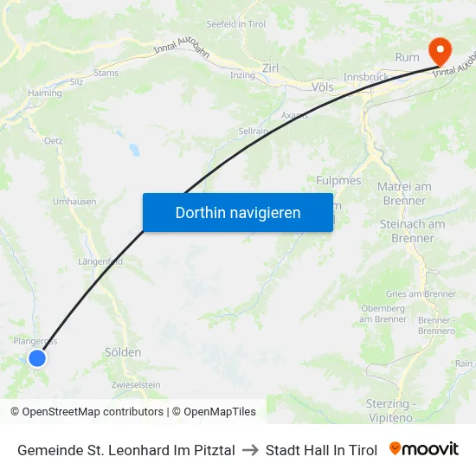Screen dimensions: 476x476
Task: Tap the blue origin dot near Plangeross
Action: point(36,357)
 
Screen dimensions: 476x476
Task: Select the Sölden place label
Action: point(123,352)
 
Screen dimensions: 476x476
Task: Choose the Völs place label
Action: point(322,87)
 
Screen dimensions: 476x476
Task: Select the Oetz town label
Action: point(53,139)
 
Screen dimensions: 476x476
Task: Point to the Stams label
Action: point(106,74)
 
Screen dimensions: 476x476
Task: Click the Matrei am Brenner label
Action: point(404,194)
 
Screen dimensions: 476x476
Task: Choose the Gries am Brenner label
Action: point(421,294)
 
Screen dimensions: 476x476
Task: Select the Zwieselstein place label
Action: point(136,384)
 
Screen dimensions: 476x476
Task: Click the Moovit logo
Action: point(424,449)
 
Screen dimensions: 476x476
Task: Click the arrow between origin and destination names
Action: point(250,450)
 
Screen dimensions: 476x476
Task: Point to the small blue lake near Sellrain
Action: point(135,150)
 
